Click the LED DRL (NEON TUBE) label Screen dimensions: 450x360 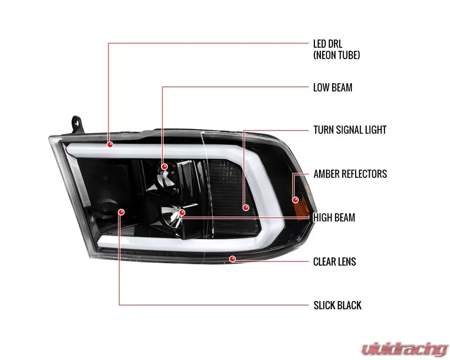click(336, 49)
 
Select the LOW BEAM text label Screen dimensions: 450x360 click(333, 88)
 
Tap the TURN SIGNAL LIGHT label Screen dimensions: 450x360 click(350, 130)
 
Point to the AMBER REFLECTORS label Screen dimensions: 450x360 click(350, 174)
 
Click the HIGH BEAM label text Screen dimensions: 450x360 click(334, 218)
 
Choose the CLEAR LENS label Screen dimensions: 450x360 click(335, 261)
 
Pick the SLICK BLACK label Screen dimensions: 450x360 click(337, 305)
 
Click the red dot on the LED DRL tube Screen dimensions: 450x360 click(110, 144)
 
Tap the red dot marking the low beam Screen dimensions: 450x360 click(164, 167)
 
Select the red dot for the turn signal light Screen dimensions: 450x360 click(246, 207)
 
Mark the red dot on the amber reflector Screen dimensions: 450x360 click(295, 200)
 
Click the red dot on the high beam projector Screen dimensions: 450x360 click(182, 213)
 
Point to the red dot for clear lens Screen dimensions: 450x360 click(233, 259)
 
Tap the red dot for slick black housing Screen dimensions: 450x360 click(121, 212)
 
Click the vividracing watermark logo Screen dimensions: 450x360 click(405, 349)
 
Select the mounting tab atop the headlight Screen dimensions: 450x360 click(76, 124)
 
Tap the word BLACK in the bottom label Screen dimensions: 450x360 click(349, 305)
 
